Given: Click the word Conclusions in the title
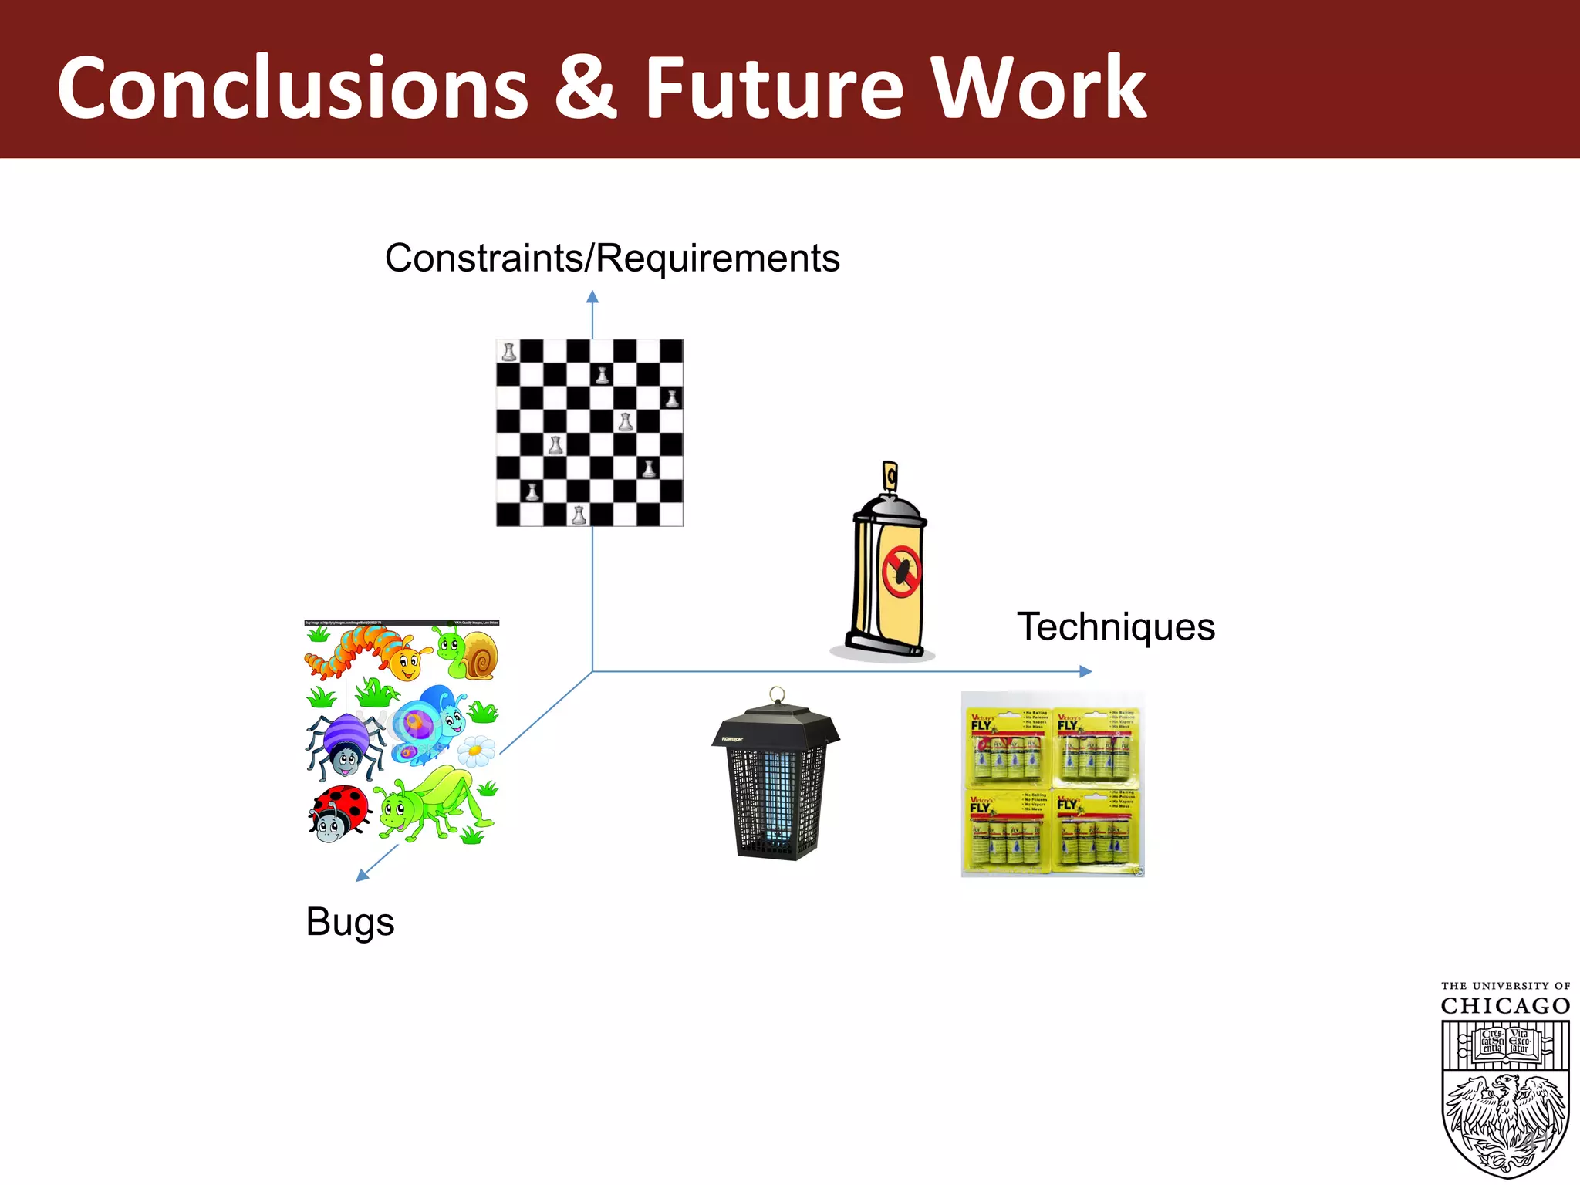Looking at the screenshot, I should (292, 88).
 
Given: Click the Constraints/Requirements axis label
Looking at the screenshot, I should (612, 258).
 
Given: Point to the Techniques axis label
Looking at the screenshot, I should (1116, 626).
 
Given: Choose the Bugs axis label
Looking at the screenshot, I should (350, 921).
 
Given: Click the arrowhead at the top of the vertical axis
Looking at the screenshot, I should (592, 297).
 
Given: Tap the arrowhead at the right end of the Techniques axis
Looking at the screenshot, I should (1085, 671).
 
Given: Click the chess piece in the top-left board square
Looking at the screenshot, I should (508, 352).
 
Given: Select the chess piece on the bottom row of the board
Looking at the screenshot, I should (579, 515).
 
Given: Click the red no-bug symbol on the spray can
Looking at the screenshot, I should (901, 572).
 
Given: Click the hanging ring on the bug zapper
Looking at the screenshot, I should (777, 694).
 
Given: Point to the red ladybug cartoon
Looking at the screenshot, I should (338, 813).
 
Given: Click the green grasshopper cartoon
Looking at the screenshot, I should (432, 802).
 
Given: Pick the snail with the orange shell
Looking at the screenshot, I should (469, 653).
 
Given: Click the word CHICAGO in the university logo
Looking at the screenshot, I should (1505, 1006).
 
